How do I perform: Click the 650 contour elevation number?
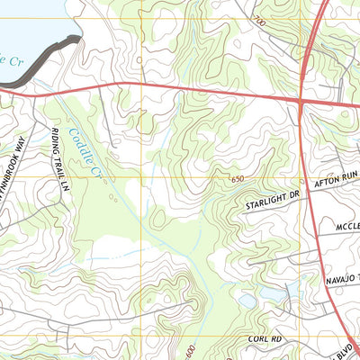[236, 179]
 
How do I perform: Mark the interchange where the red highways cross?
[300, 103]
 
